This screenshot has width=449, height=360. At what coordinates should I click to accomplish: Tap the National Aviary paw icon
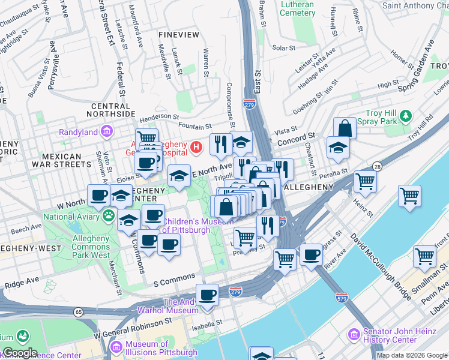tap(109, 214)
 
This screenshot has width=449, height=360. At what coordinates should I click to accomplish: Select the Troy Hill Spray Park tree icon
tap(406, 115)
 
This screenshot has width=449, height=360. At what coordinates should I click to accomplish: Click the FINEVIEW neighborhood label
tap(178, 35)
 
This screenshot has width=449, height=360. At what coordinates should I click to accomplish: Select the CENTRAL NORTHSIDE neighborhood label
tap(119, 109)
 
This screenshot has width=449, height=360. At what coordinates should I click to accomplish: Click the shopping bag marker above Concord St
tap(345, 127)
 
